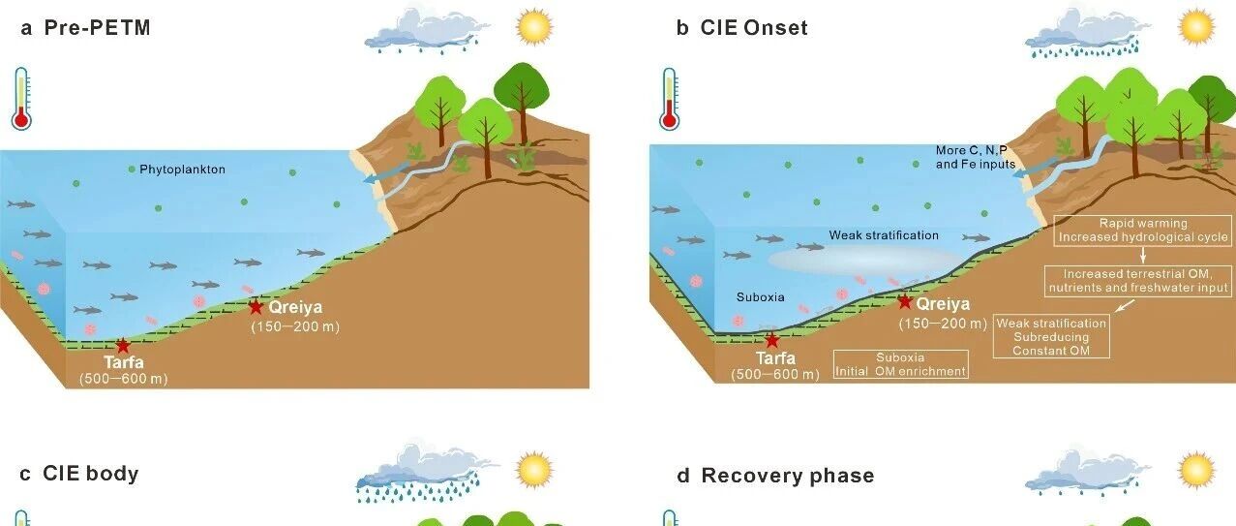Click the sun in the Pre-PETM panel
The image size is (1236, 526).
pyautogui.click(x=534, y=26)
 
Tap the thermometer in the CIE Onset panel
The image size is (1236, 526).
pyautogui.click(x=670, y=100)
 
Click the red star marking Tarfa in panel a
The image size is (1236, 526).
pyautogui.click(x=123, y=346)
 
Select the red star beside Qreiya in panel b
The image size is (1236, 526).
pyautogui.click(x=904, y=301)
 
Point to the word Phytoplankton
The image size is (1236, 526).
pyautogui.click(x=182, y=170)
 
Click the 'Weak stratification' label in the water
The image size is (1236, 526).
pyautogui.click(x=884, y=234)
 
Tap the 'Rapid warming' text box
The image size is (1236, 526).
pyautogui.click(x=1143, y=231)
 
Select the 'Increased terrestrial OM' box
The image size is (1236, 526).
pyautogui.click(x=1138, y=281)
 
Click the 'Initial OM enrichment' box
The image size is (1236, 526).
pyautogui.click(x=900, y=364)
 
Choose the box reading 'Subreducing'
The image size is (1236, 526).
pyautogui.click(x=1051, y=336)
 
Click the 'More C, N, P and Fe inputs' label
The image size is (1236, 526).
pyautogui.click(x=975, y=157)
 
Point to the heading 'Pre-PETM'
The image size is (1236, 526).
pyautogui.click(x=97, y=28)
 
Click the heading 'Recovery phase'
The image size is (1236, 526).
pyautogui.click(x=788, y=476)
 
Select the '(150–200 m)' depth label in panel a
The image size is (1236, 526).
pyautogui.click(x=295, y=326)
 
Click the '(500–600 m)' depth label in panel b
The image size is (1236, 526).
pyautogui.click(x=774, y=374)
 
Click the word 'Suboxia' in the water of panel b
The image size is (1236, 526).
pyautogui.click(x=761, y=296)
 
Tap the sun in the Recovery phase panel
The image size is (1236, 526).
pyautogui.click(x=1196, y=470)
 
